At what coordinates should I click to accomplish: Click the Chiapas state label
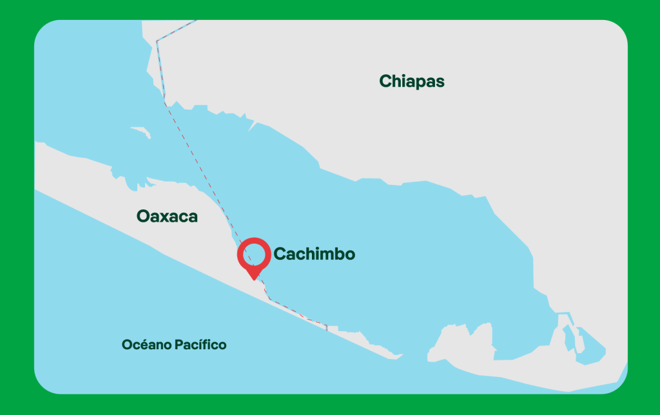412,81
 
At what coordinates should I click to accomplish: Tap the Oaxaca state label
167,217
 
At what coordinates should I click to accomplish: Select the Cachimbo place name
314,254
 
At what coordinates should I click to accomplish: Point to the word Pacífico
200,345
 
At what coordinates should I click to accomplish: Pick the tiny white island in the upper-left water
141,131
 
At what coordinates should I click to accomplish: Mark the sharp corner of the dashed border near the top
157,41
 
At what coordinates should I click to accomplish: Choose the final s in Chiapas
440,82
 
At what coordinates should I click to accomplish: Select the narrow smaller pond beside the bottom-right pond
568,336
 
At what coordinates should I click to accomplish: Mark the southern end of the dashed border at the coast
327,328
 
